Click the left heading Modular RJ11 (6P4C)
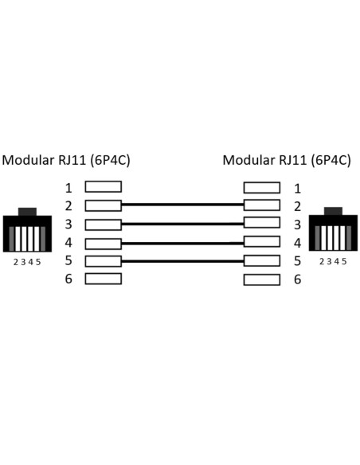(66, 160)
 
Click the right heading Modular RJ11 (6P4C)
(287, 160)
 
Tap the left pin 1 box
(104, 187)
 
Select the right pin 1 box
(262, 188)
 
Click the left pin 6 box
(104, 279)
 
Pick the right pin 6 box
(262, 279)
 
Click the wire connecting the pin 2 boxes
(182, 205)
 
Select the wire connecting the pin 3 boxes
(182, 224)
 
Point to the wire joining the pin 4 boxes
(182, 244)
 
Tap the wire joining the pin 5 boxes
(182, 261)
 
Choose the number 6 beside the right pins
(297, 279)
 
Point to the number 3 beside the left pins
(68, 225)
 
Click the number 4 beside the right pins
(297, 243)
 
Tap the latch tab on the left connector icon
(27, 212)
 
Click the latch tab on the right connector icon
(333, 211)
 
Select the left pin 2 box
(104, 205)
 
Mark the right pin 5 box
(262, 260)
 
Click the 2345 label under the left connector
(27, 262)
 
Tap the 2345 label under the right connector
(333, 261)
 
